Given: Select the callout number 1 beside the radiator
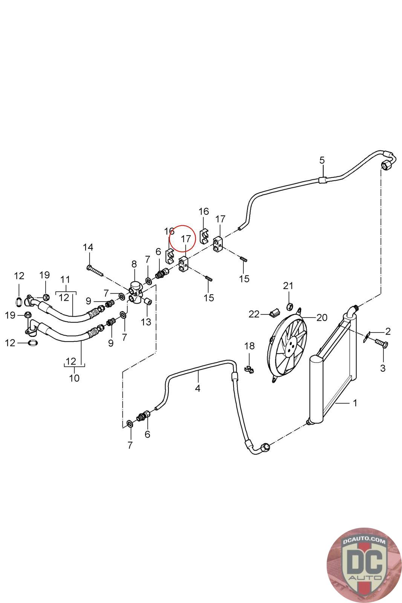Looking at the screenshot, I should pos(355,403).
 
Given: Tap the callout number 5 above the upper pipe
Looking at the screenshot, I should pos(322,160).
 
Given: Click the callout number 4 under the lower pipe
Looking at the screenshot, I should pos(198,388).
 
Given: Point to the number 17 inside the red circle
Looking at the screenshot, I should pos(186,239).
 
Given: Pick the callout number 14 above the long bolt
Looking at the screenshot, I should pos(88,247).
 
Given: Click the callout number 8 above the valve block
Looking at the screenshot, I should pos(134,264).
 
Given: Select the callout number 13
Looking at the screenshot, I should pos(146,322).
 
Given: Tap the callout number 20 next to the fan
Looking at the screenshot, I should pos(322,317).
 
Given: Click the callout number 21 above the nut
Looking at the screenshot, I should pos(288,286).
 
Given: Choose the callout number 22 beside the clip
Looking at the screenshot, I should pos(254,314).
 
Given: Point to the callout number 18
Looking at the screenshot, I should pos(249,346).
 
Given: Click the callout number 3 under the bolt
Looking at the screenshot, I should pos(383,368).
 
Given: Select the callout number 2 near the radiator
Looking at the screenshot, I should pos(388,331).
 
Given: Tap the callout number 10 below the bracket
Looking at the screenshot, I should pos(74,378).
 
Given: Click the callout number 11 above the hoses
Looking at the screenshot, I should pos(65,280).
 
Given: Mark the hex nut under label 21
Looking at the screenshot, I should pos(290,305).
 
